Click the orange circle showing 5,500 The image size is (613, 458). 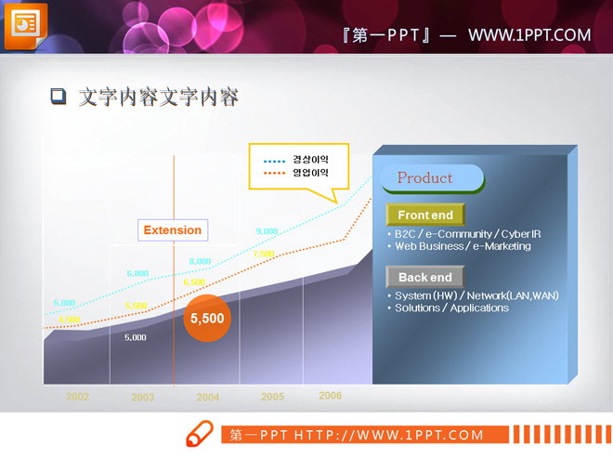coord(207,318)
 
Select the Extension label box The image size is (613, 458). coord(172,230)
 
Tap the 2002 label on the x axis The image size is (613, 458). coord(77,397)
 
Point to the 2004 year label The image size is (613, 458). coord(208,397)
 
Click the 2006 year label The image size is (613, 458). coord(330,396)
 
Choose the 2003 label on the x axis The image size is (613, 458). coord(142,397)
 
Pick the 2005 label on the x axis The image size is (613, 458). coord(272,397)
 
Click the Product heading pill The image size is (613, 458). coord(430,178)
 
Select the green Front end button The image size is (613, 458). coord(424,216)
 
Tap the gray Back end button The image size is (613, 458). coord(424,277)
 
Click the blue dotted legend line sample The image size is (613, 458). coord(274,160)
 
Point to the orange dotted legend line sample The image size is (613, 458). coord(274,173)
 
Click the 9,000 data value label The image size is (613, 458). coord(267,231)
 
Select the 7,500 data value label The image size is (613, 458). coord(264,254)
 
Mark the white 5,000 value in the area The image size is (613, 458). coord(136,338)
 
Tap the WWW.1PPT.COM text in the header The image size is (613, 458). coord(528,35)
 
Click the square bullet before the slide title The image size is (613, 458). coord(59,96)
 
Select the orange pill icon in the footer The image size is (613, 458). coord(200,434)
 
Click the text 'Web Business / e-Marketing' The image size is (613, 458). coord(463,246)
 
